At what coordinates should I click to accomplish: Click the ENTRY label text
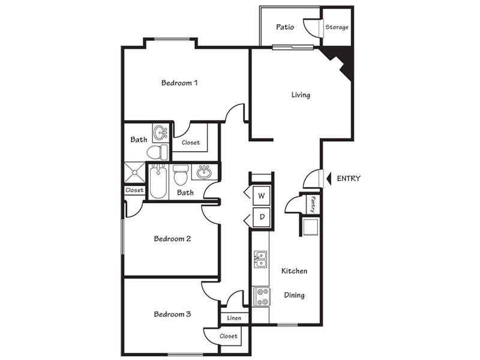tap(349, 178)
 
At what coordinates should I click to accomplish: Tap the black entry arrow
tap(329, 178)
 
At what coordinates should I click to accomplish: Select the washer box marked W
tap(262, 196)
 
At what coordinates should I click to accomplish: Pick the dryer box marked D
tap(262, 217)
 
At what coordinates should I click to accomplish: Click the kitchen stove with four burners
tap(262, 296)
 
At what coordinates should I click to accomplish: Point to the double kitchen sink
tap(260, 259)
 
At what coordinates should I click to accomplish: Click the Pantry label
tap(313, 204)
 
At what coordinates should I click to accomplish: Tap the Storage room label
tap(337, 27)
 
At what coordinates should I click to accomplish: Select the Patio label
tap(285, 27)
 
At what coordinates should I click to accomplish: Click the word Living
tap(301, 95)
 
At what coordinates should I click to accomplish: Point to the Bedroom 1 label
tap(179, 83)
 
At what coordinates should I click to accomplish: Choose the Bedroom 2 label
tap(172, 238)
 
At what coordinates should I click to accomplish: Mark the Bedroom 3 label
tap(172, 314)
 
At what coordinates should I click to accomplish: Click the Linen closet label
tap(234, 318)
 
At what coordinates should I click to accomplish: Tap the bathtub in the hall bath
tap(158, 181)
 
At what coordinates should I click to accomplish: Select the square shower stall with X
tap(134, 173)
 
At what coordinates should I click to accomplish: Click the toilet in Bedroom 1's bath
tap(157, 152)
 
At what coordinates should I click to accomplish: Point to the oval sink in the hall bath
tap(204, 172)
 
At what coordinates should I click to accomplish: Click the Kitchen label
tap(294, 271)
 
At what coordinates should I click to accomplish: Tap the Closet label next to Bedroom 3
tap(229, 336)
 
